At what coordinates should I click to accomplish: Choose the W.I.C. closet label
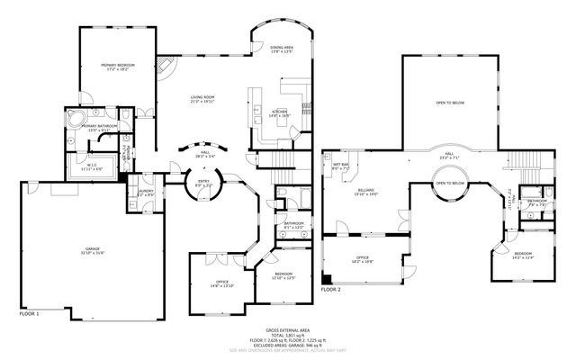93,166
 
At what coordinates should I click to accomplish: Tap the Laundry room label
145,193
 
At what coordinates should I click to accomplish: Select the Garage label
93,253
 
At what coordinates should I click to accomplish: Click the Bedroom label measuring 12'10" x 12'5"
283,274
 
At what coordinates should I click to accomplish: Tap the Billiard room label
364,193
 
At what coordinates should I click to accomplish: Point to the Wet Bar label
340,166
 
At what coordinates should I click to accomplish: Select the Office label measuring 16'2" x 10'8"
362,260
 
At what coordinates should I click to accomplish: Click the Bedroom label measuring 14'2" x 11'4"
523,256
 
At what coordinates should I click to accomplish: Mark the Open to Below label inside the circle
450,183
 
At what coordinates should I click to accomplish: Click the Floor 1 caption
29,314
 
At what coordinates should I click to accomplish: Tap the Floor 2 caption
331,290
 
